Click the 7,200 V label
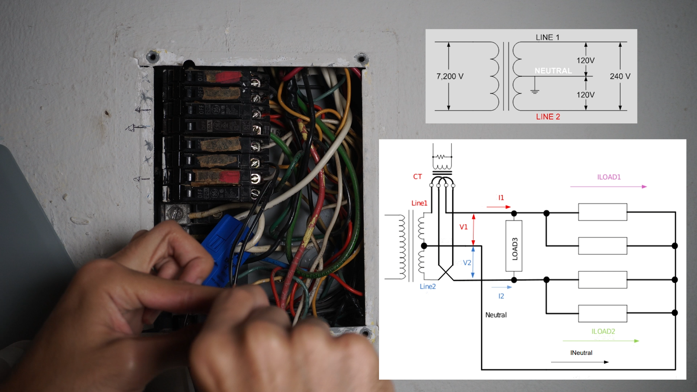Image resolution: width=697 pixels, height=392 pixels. tap(450, 76)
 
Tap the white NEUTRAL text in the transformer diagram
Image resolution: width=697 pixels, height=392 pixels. tap(553, 71)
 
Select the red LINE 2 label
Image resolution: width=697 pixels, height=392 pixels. tap(548, 117)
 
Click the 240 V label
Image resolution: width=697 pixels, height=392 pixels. tap(620, 76)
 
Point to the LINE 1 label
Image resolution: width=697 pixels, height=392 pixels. tap(547, 37)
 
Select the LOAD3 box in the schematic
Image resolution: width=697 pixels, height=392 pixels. tap(514, 246)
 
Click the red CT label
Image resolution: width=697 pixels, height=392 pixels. tap(417, 177)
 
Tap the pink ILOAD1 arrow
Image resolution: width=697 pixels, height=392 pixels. tap(608, 187)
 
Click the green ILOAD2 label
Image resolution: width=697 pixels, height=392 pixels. tap(603, 331)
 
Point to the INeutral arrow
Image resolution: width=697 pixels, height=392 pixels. tap(580, 362)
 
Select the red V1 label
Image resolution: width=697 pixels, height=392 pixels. tap(464, 227)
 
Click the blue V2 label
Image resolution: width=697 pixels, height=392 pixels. tap(467, 262)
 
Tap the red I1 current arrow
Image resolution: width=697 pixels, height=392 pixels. tap(498, 207)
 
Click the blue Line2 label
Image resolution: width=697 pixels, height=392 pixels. tap(428, 286)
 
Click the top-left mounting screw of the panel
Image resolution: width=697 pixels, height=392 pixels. tap(152, 57)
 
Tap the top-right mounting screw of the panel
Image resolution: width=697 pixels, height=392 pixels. tap(362, 59)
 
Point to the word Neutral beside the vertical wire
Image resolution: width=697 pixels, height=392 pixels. tap(496, 315)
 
